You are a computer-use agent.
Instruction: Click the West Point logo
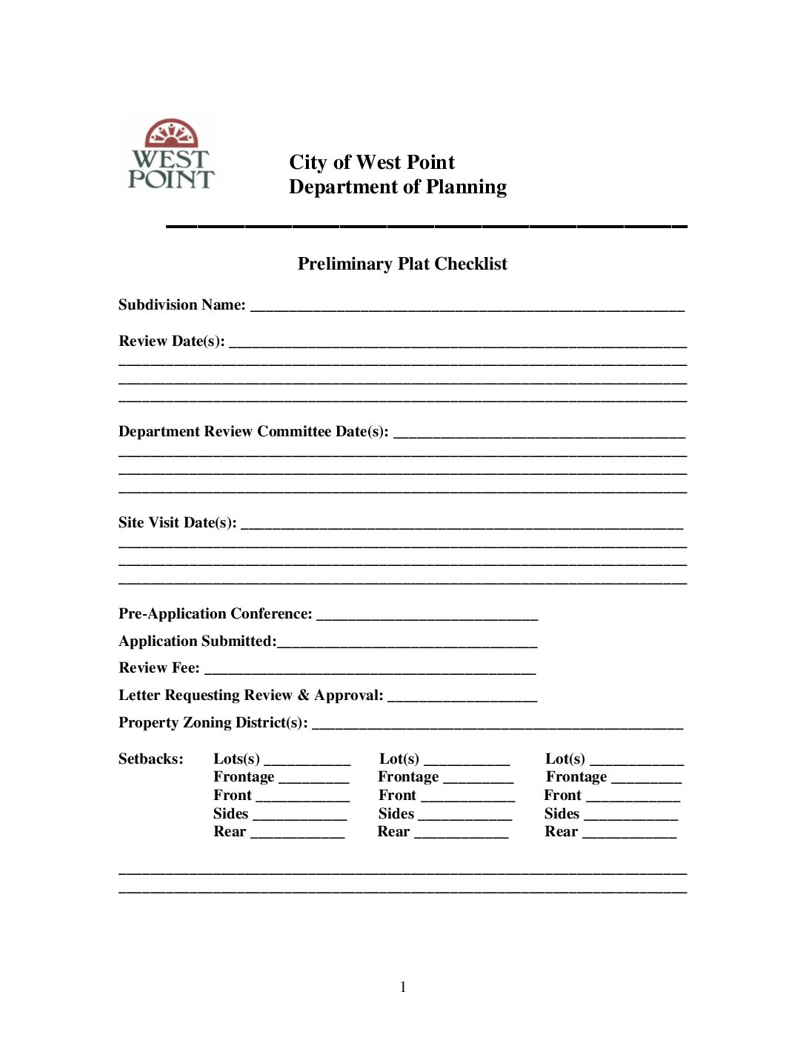[x=171, y=155]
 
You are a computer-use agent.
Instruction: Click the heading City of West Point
[x=372, y=162]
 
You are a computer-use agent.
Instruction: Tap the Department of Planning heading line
[x=398, y=187]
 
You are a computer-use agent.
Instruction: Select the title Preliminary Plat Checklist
[x=402, y=264]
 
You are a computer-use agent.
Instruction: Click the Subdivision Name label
[x=181, y=305]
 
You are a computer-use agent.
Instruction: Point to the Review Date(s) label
[x=171, y=341]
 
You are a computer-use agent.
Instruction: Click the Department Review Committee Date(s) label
[x=253, y=432]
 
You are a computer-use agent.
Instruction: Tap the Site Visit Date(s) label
[x=177, y=523]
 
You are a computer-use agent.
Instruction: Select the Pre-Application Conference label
[x=215, y=614]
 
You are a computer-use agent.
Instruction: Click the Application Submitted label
[x=197, y=642]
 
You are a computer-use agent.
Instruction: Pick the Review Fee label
[x=159, y=668]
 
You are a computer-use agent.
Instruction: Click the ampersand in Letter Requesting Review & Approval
[x=304, y=696]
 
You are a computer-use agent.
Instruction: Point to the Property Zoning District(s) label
[x=213, y=723]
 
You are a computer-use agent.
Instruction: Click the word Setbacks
[x=150, y=759]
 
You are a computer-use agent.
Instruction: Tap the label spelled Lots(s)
[x=236, y=759]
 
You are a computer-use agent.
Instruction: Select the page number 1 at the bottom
[x=403, y=987]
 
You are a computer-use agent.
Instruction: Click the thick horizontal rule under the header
[x=427, y=225]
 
